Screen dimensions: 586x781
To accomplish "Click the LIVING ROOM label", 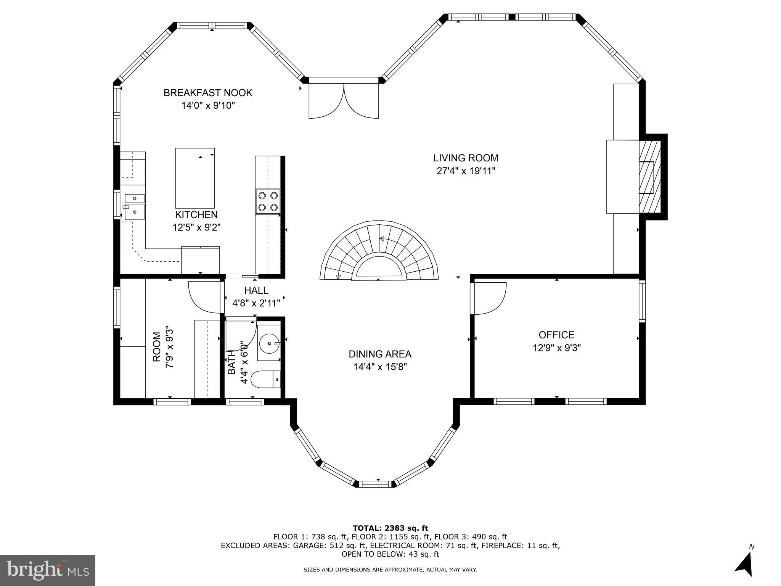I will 466,158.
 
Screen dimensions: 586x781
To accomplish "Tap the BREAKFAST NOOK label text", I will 208,93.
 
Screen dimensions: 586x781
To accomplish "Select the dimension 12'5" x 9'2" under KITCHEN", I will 196,227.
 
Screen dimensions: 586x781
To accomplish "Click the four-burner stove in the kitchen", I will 268,201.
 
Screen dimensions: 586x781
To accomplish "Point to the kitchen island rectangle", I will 194,178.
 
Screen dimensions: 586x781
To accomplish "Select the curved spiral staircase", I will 379,252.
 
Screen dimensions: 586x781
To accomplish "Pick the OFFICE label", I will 556,335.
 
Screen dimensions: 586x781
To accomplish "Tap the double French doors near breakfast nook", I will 344,101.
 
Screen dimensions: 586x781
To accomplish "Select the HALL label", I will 256,290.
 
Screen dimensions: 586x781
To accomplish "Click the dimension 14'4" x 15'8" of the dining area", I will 380,367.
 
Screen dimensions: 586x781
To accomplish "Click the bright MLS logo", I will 48,570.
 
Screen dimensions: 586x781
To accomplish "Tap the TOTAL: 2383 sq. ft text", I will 390,528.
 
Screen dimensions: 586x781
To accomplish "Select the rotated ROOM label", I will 157,347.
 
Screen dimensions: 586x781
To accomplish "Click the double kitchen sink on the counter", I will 135,207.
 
